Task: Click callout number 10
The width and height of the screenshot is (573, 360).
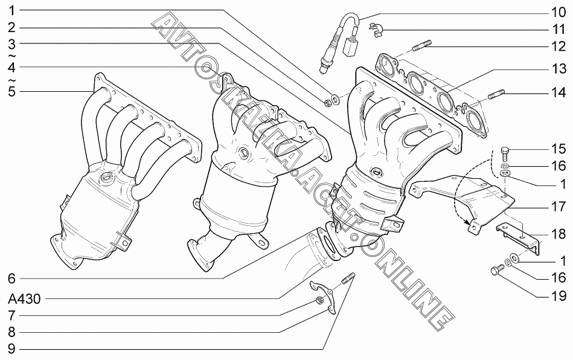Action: click(556, 11)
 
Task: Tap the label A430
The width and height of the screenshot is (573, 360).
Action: click(24, 298)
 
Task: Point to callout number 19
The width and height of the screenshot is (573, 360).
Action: click(556, 295)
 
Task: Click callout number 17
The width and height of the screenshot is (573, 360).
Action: click(556, 206)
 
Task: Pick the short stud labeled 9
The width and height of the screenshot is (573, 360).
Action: click(348, 280)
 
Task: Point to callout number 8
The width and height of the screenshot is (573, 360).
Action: click(11, 332)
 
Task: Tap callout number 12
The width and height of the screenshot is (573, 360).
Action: click(556, 45)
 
